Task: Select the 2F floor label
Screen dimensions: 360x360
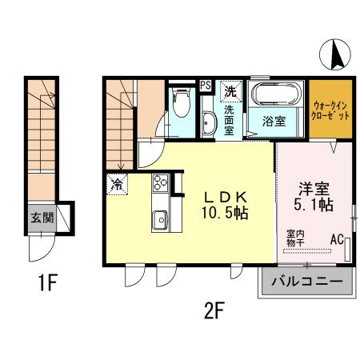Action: [213, 309]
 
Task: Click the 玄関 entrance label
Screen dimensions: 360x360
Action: [42, 217]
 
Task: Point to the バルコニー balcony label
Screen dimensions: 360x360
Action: [306, 282]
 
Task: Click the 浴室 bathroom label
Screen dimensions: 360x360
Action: [275, 122]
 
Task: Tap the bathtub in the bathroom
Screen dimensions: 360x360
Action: [275, 96]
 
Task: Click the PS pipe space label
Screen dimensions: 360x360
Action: [206, 84]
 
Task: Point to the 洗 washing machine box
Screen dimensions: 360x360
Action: [230, 90]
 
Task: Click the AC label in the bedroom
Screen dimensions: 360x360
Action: [336, 238]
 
